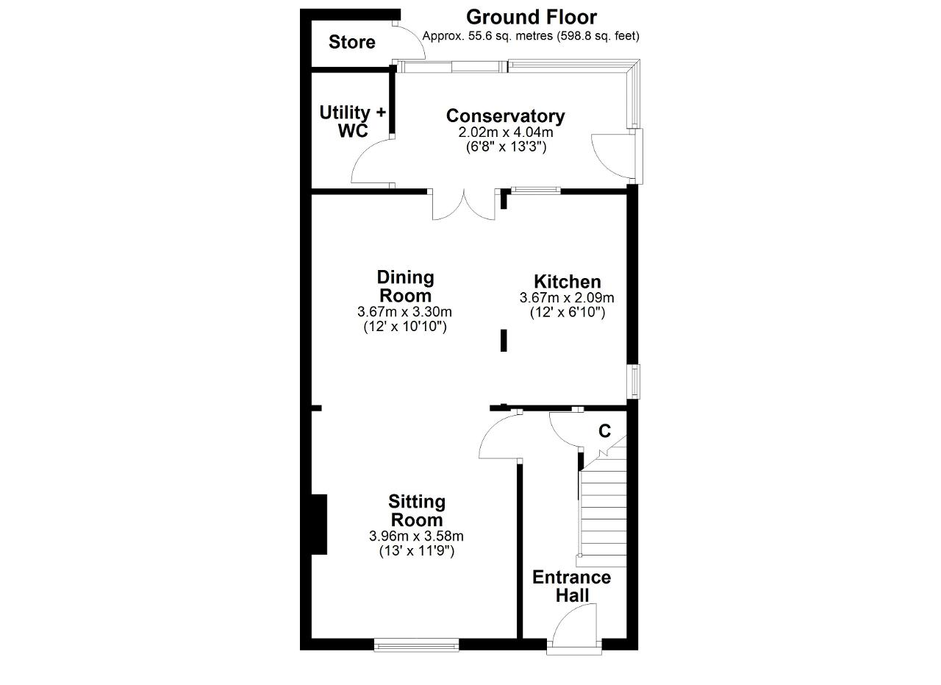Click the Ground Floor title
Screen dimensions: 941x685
click(x=531, y=18)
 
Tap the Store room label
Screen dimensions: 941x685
click(x=351, y=42)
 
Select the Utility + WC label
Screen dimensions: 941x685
click(x=352, y=121)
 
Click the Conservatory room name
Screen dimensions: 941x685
click(x=505, y=116)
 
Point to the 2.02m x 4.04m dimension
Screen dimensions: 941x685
click(x=505, y=132)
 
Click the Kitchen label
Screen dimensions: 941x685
click(x=567, y=281)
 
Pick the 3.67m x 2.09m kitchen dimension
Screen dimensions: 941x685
click(x=567, y=298)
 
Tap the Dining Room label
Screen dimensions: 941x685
click(x=405, y=286)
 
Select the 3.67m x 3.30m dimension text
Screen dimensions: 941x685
click(x=404, y=311)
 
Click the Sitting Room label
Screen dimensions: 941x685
click(x=417, y=511)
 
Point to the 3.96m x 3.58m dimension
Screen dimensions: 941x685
click(x=416, y=536)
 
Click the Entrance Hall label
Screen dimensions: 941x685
click(x=572, y=586)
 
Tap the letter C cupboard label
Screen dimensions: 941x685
click(x=604, y=431)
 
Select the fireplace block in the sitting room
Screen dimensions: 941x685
click(x=319, y=525)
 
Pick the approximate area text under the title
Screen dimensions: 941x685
click(x=531, y=36)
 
